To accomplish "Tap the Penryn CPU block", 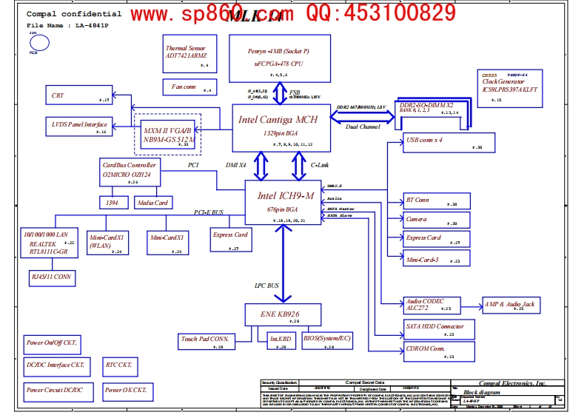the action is [x=280, y=57].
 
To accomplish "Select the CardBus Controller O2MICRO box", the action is [x=130, y=171].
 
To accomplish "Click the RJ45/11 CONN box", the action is [x=52, y=278].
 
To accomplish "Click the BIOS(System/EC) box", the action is [x=327, y=341].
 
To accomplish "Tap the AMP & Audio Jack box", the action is [x=511, y=305].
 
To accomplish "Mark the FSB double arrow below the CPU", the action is [x=280, y=93].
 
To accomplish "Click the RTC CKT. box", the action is [x=119, y=365].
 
